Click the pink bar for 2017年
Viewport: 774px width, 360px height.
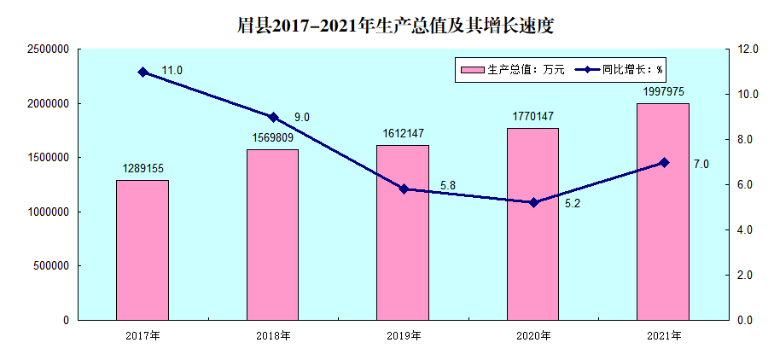pos(143,250)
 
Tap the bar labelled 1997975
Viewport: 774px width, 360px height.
pos(663,212)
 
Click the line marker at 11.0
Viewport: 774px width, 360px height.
pos(143,73)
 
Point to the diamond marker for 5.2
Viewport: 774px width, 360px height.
pos(533,202)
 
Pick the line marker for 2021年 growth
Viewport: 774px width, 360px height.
pos(664,162)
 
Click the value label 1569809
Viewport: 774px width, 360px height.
pos(273,136)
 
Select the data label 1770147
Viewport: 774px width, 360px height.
pos(533,115)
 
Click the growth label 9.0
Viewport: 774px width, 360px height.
pos(302,117)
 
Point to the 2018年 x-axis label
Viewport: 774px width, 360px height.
pos(273,335)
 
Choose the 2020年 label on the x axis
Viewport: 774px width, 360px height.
pos(533,335)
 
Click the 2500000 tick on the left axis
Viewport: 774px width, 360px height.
pos(47,49)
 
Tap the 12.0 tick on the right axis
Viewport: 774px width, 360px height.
pos(748,49)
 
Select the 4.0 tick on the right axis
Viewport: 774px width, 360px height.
pos(748,230)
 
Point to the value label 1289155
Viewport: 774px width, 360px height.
pos(143,168)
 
